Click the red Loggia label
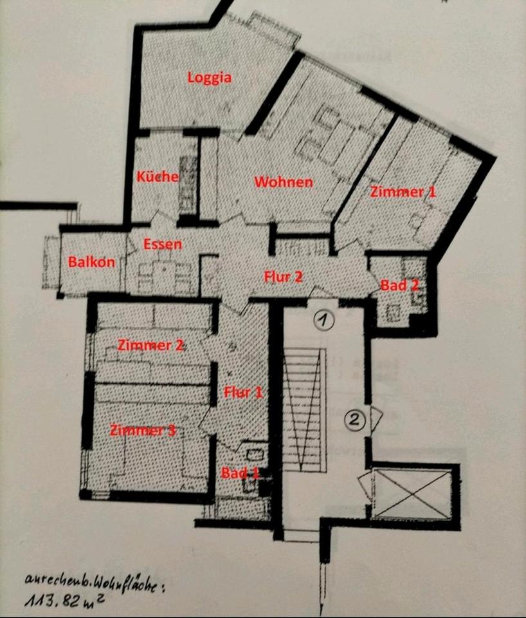point(210,78)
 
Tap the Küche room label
point(158,176)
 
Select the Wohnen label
point(284,182)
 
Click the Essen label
point(162,245)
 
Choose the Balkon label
point(91,262)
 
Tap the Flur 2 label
point(284,276)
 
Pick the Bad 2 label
point(400,285)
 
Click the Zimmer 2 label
point(151,345)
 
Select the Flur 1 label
point(244,391)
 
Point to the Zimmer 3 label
point(143,430)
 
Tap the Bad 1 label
point(240,473)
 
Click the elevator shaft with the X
point(412,494)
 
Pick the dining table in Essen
point(162,274)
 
